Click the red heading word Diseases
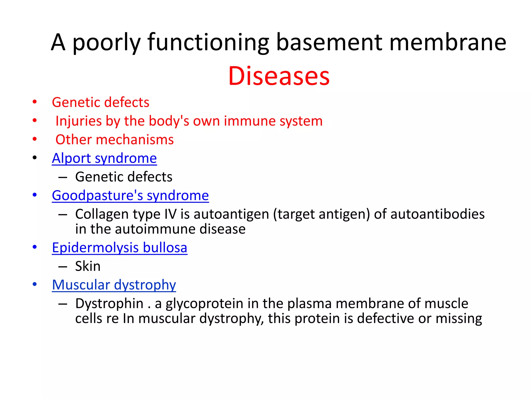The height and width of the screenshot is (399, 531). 279,76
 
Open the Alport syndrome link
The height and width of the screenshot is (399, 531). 104,158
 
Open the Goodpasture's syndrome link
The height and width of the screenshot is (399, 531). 130,195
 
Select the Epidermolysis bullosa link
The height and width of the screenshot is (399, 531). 120,248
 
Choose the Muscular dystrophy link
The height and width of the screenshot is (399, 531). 114,285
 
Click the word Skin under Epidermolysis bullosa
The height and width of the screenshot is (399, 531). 88,266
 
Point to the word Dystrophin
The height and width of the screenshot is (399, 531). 109,303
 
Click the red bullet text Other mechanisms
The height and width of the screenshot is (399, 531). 114,140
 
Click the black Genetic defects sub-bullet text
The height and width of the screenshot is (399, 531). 124,177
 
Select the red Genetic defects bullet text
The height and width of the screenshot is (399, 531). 100,102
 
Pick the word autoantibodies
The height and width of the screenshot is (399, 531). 437,214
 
